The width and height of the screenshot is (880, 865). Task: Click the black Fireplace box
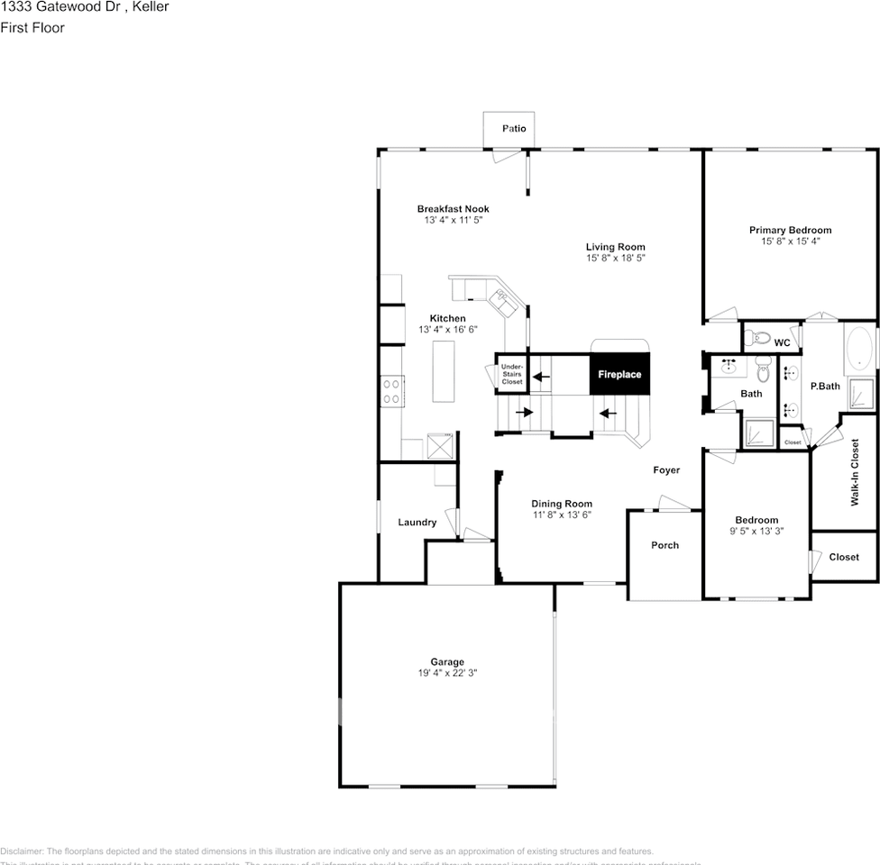619,374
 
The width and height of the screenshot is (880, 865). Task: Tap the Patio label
514,129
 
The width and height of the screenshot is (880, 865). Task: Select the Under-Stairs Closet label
512,375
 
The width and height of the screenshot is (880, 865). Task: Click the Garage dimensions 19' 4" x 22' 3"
447,672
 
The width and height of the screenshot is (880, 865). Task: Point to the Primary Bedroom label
790,230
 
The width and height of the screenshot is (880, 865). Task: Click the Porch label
665,545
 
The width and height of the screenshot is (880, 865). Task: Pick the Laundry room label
417,523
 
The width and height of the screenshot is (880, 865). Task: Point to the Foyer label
666,470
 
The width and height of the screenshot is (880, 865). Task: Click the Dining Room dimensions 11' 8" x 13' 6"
561,514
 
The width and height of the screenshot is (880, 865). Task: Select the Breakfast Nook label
453,209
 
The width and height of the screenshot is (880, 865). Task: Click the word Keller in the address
150,7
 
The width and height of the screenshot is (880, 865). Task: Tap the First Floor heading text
32,28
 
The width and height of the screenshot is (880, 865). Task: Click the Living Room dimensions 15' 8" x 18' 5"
615,258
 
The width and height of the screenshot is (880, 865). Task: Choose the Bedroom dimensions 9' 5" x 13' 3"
756,531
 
